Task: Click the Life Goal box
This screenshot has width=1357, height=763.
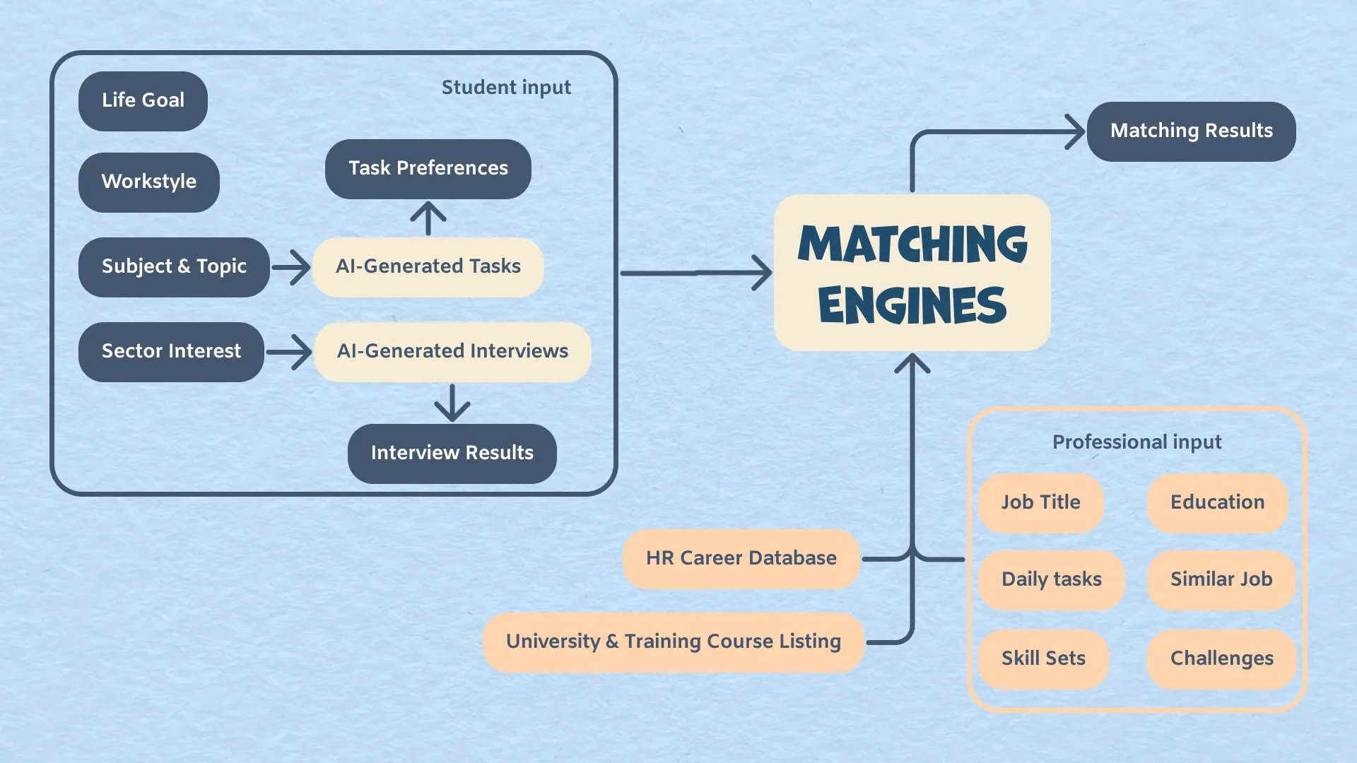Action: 143,101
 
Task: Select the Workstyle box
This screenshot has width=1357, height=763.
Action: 148,182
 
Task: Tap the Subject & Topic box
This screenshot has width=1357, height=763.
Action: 174,267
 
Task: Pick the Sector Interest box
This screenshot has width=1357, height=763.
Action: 171,352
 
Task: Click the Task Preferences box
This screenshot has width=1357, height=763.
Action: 428,169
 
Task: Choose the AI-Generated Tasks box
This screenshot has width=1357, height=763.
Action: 428,267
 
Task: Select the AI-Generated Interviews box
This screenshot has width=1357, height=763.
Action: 452,352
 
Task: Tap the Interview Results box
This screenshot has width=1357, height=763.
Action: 452,454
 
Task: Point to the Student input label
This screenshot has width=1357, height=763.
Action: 506,88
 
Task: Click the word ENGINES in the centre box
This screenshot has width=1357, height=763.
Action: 912,305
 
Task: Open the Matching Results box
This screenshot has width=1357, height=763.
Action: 1191,131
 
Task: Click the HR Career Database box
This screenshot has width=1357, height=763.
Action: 741,559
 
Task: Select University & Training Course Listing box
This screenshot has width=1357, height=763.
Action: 673,642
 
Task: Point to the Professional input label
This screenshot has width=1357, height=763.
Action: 1136,442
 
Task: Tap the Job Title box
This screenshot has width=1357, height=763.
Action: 1040,503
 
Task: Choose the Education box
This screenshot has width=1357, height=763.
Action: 1217,503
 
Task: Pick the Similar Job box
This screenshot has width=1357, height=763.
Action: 1221,580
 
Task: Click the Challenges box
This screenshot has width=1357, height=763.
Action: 1221,659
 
